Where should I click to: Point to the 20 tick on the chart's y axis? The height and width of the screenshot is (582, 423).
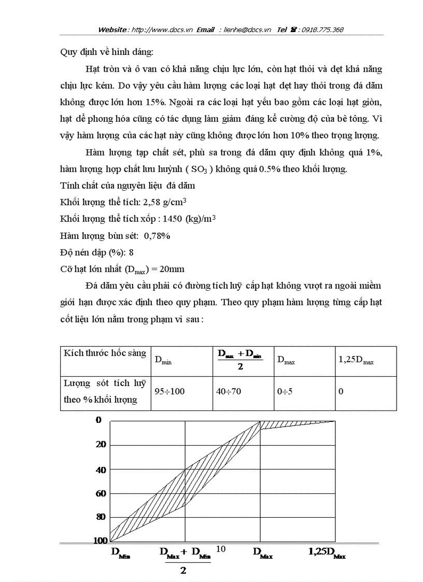tap(101, 444)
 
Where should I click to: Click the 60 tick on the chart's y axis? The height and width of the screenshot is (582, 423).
tap(101, 493)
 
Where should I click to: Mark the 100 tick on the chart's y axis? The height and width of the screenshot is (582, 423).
tap(100, 541)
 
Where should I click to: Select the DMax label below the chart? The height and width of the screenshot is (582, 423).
tap(263, 553)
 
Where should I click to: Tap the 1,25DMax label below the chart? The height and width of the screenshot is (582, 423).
tap(327, 553)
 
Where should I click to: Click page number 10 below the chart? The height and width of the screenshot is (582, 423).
tap(220, 549)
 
